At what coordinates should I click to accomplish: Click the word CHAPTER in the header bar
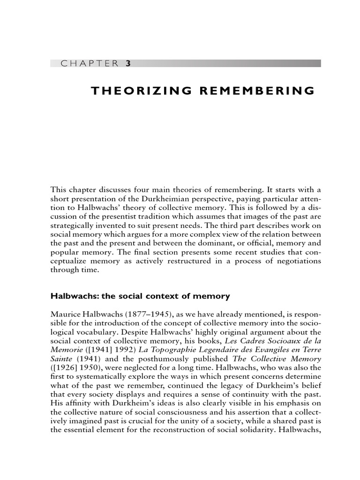[x=90, y=64]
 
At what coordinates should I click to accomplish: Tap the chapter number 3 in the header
[x=127, y=64]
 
